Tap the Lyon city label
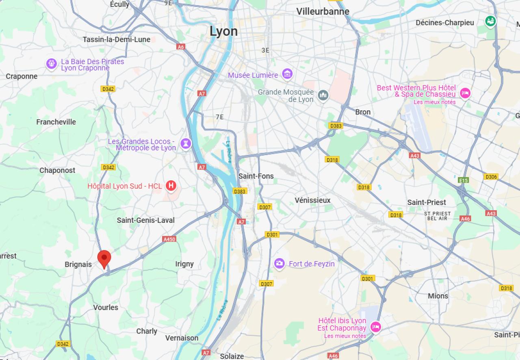(x=223, y=31)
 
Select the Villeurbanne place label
(x=323, y=11)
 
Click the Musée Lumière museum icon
(x=288, y=74)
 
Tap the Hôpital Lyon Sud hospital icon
(x=171, y=186)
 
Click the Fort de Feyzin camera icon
(x=279, y=263)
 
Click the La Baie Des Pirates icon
(x=51, y=64)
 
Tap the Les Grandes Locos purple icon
(x=186, y=144)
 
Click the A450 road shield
(x=169, y=239)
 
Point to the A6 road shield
(x=181, y=47)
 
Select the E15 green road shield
(x=463, y=180)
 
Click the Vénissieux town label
(x=312, y=200)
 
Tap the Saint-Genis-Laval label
(x=145, y=220)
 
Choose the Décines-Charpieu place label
(x=444, y=23)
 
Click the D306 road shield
(x=491, y=177)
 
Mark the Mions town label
(x=438, y=296)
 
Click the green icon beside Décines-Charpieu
(x=490, y=21)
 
